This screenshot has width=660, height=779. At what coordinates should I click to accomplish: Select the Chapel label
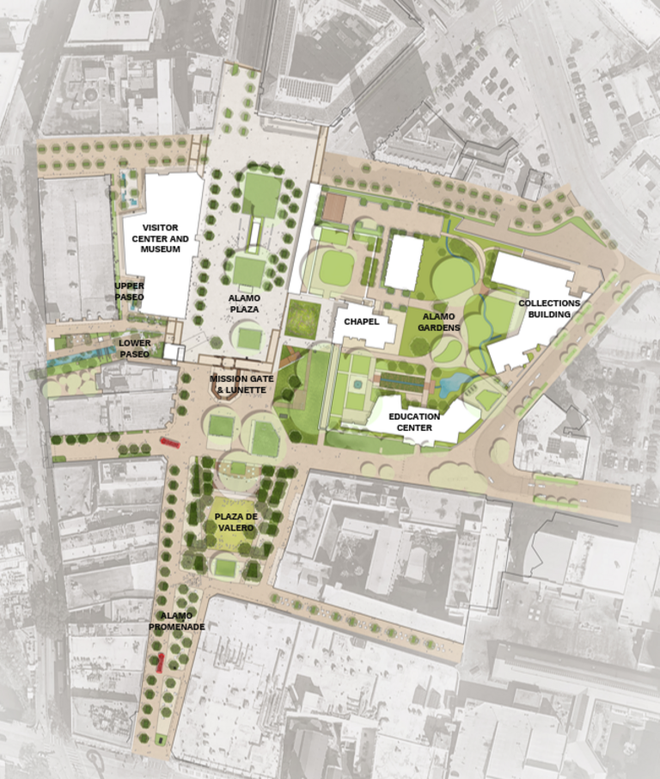361,322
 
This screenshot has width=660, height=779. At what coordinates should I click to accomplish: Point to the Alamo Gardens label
440,322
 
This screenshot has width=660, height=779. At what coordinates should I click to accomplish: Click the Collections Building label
548,309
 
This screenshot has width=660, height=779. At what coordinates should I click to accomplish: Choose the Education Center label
413,422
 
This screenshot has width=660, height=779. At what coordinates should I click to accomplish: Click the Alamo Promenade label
176,622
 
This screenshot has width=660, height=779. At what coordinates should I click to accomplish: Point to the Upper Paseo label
130,291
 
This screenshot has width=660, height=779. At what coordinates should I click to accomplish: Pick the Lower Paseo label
134,348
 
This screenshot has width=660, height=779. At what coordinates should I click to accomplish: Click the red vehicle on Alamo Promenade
160,662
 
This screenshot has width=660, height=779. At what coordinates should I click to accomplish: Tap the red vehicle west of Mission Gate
169,443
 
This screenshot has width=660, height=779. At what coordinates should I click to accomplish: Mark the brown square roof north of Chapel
333,206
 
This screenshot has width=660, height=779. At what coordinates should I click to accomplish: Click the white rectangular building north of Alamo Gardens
403,261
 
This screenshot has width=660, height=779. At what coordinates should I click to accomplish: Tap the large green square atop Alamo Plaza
261,193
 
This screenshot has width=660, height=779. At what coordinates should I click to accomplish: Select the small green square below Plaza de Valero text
224,567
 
